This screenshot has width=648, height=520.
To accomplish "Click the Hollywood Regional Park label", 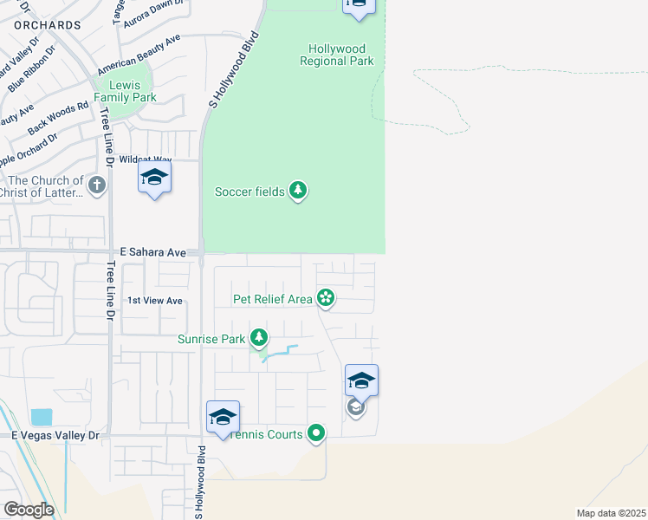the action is (x=337, y=55).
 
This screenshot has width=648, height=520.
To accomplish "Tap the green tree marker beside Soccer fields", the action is (x=298, y=191).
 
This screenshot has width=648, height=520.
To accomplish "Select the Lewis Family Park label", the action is (x=126, y=91).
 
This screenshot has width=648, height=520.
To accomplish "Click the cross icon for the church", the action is (x=97, y=185).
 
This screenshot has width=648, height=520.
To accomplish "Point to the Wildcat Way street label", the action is (x=146, y=159).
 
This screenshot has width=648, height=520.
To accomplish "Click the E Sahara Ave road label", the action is (x=153, y=252).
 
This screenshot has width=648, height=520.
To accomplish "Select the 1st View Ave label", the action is (x=155, y=301).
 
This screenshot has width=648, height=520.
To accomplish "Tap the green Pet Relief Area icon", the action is (x=326, y=299).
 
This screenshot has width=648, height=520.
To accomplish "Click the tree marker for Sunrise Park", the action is (x=258, y=337).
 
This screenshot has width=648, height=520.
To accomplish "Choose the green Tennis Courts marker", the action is (x=316, y=433).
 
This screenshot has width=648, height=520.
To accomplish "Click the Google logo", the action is (x=29, y=510).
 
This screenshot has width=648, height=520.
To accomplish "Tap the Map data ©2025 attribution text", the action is (x=610, y=513).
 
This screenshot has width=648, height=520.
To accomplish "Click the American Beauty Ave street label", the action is (x=139, y=55).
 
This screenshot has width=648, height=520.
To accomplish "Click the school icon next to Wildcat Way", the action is (x=154, y=179).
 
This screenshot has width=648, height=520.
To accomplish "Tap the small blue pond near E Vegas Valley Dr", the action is (x=41, y=418).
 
